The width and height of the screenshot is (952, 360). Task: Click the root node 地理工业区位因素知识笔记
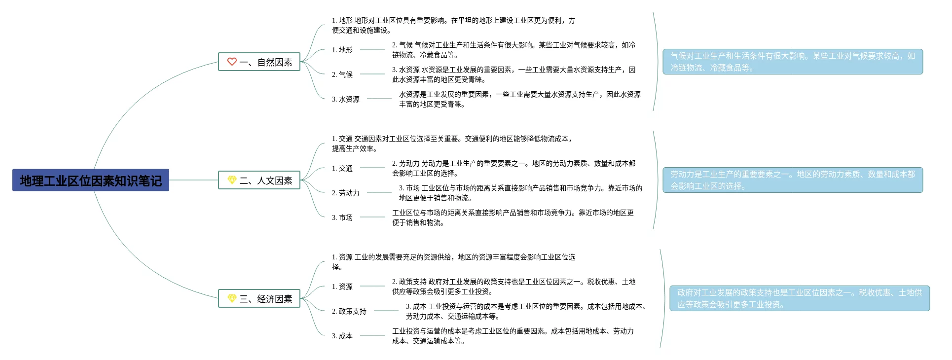click(91, 180)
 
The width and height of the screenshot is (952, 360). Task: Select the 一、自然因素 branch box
click(259, 62)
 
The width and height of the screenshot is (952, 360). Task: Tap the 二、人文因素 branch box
click(259, 180)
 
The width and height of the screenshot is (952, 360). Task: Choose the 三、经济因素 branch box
click(259, 299)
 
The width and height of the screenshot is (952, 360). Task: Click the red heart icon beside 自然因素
click(232, 62)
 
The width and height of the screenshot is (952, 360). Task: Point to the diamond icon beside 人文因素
click(232, 180)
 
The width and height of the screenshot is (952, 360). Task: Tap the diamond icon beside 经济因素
click(232, 298)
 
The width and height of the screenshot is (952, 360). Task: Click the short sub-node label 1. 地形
click(342, 50)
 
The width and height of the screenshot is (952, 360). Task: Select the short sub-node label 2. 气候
click(342, 74)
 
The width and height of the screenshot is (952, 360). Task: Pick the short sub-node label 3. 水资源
click(346, 99)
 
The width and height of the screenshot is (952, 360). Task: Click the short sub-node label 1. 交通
click(342, 168)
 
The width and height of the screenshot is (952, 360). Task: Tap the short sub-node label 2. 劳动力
click(346, 193)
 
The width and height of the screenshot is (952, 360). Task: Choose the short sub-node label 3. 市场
click(342, 217)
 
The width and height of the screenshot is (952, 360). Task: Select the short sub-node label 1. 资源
click(342, 287)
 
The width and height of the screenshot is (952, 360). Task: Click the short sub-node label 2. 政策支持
click(349, 311)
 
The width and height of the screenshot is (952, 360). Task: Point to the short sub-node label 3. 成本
click(342, 336)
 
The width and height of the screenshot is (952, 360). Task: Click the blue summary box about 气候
click(793, 62)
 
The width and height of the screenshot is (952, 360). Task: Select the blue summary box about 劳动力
click(793, 180)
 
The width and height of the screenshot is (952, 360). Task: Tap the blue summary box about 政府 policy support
click(800, 298)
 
